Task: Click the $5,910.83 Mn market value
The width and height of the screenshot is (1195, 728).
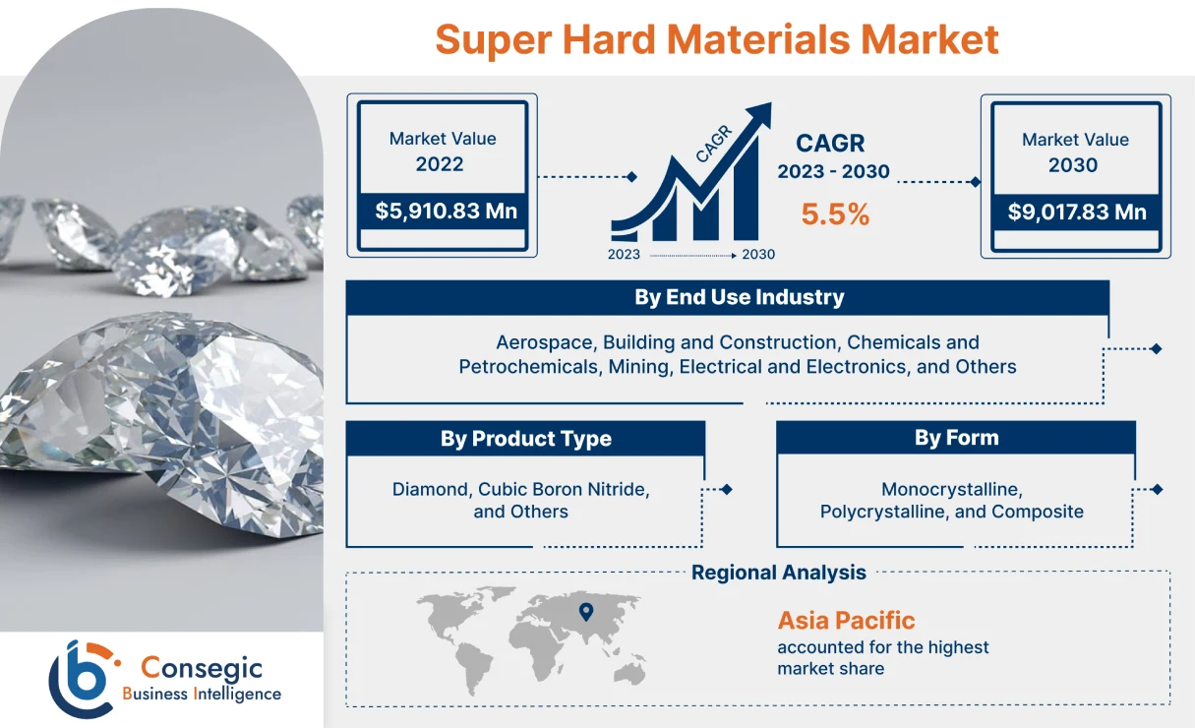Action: coord(446,212)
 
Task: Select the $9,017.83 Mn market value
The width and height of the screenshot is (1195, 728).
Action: coord(1077,212)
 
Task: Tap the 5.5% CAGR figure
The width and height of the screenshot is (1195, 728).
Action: coord(835,214)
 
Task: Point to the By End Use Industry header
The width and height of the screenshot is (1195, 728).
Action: coord(739,297)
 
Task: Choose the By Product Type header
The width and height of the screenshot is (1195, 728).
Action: coord(525,439)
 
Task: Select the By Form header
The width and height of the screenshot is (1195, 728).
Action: coord(956,438)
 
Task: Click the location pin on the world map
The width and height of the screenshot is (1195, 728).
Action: coord(586,612)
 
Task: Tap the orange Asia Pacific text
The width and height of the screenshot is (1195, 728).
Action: coord(846,621)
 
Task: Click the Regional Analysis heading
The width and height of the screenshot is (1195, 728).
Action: coord(778,573)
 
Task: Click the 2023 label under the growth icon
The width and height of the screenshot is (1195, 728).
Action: coord(624,255)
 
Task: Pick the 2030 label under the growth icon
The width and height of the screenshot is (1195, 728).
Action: coord(758,255)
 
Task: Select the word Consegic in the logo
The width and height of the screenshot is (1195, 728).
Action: coord(202,668)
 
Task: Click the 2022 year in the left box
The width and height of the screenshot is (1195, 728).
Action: coord(440,164)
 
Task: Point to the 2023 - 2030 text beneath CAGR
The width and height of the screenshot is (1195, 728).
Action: coord(833,172)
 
